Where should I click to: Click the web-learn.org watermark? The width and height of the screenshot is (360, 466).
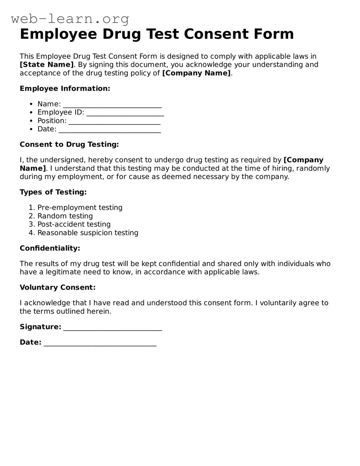[70, 19]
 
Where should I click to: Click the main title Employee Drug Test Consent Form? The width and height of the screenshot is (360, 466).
[157, 34]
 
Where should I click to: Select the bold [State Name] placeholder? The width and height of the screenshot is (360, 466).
[47, 65]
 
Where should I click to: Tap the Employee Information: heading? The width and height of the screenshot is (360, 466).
[65, 88]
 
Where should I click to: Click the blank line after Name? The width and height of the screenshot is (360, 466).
[112, 104]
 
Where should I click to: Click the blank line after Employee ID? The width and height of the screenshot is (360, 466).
[125, 113]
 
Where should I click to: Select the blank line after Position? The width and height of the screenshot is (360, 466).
[114, 121]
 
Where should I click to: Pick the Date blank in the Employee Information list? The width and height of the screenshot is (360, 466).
[110, 130]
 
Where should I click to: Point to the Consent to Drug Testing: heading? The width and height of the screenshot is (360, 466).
[69, 144]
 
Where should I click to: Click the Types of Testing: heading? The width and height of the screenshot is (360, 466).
[53, 192]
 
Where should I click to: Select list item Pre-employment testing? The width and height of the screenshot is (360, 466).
[80, 208]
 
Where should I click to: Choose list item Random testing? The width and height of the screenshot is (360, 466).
[65, 216]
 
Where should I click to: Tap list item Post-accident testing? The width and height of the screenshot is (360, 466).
[74, 224]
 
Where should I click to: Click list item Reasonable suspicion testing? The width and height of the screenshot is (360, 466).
[88, 233]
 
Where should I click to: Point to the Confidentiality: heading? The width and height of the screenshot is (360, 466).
[50, 248]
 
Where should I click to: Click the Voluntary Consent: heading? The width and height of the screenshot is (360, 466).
[58, 288]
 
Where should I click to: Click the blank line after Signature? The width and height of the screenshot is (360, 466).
[112, 327]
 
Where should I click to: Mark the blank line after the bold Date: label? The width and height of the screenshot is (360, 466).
[100, 343]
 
